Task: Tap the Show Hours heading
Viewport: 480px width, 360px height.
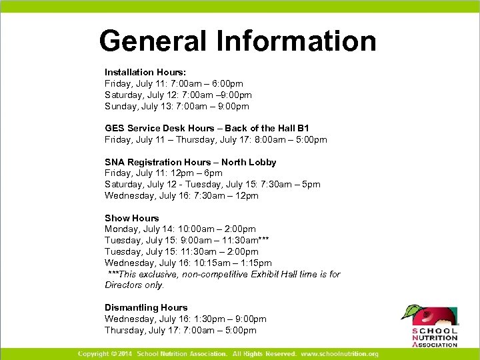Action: click(132, 218)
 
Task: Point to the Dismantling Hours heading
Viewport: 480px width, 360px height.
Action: click(146, 307)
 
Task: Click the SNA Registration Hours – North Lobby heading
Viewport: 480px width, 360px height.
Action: click(190, 162)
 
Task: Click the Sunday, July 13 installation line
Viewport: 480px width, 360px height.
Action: click(177, 106)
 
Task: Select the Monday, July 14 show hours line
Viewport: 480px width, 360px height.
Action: click(180, 229)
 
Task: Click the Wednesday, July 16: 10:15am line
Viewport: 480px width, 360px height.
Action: click(188, 263)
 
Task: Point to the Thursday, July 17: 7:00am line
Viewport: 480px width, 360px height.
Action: click(180, 330)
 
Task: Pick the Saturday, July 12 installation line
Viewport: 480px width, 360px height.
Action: click(178, 95)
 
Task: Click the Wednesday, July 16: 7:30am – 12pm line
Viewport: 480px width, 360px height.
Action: click(181, 195)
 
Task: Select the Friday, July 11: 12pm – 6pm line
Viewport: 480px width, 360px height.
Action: click(163, 173)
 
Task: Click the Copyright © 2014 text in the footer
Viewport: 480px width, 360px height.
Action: click(105, 353)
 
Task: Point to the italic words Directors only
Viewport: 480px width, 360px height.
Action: click(134, 285)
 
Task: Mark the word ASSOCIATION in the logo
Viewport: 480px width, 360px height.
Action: click(436, 345)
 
